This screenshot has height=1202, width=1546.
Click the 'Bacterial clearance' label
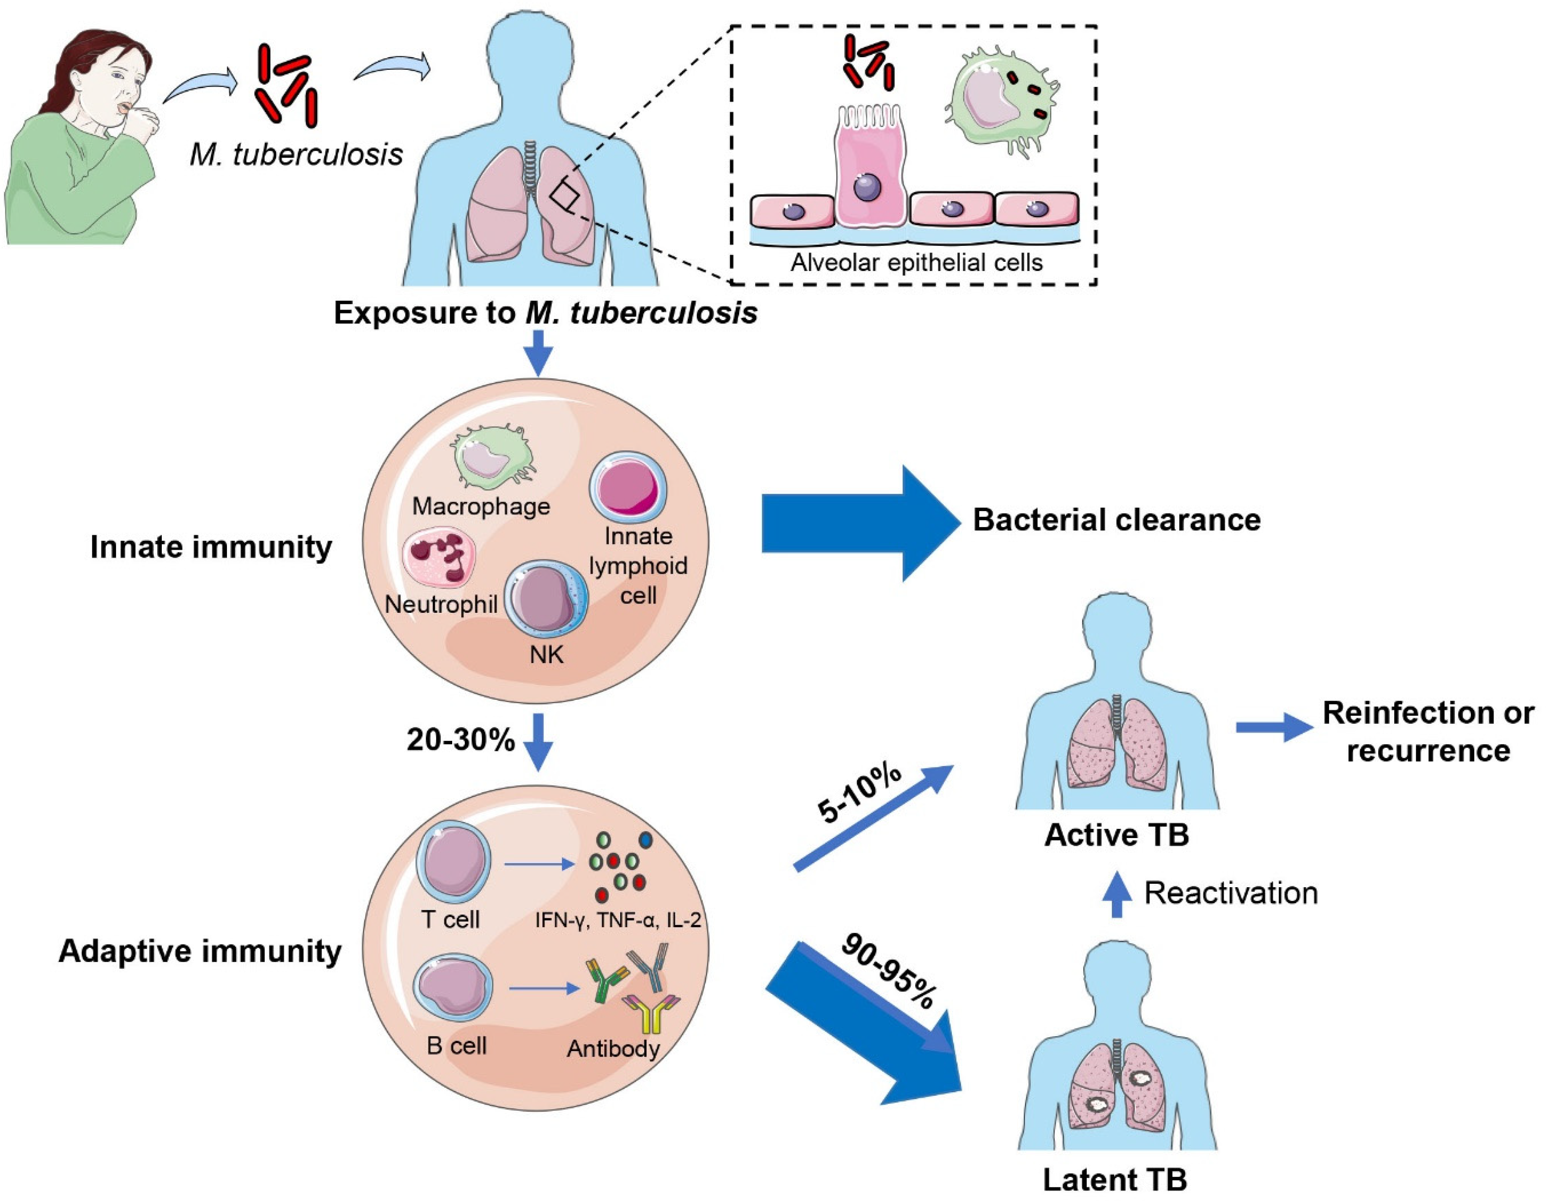click(1116, 520)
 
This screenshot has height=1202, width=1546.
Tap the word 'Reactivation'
click(1230, 894)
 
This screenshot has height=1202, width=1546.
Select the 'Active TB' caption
click(1116, 836)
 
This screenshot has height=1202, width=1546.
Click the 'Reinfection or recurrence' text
click(1428, 731)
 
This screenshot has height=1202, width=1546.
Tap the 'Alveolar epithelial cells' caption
click(916, 263)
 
